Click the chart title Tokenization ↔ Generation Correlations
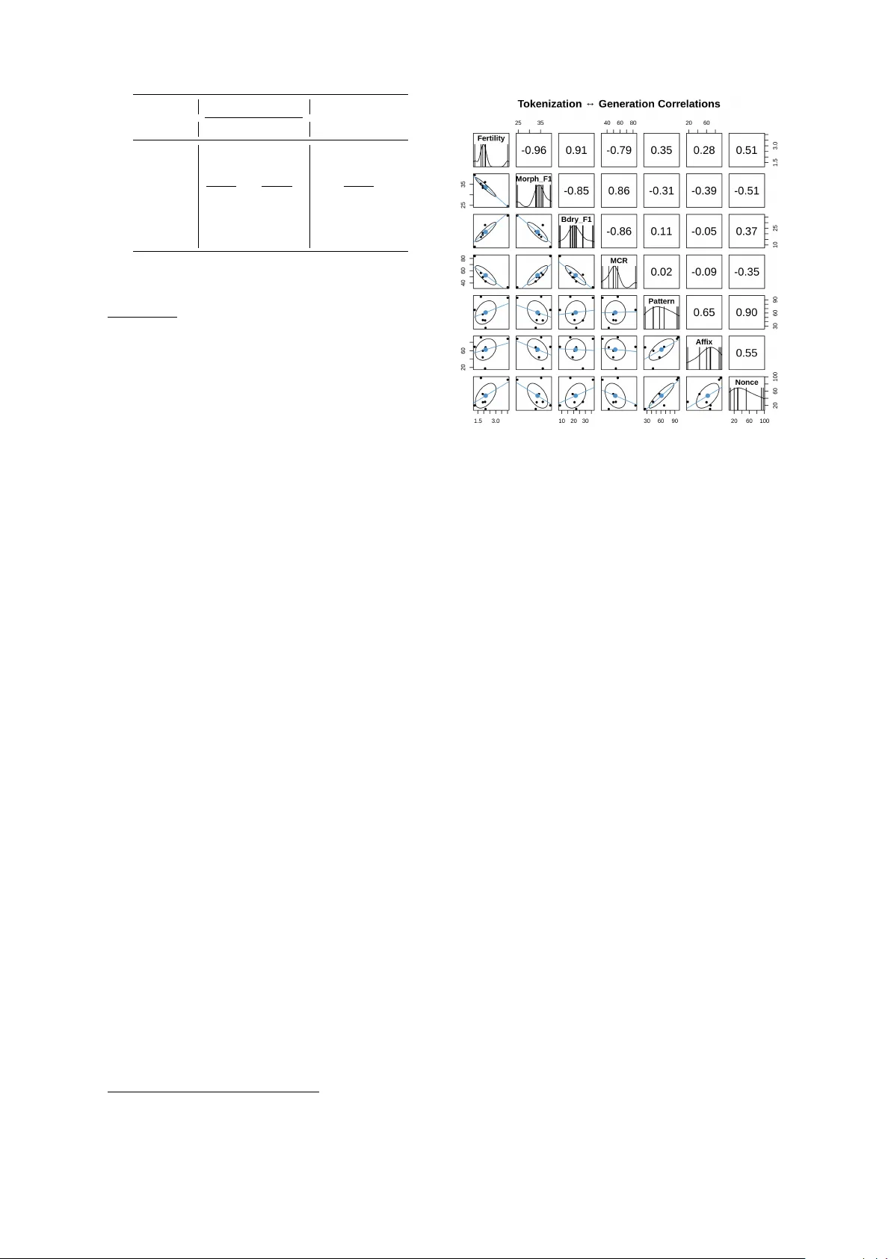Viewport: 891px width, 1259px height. coord(618,104)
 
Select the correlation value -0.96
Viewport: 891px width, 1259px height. coord(534,150)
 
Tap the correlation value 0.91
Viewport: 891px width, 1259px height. coord(576,150)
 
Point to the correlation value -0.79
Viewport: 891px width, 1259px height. coord(619,150)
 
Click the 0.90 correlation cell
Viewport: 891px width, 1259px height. coord(747,312)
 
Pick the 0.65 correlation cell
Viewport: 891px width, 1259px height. coord(704,312)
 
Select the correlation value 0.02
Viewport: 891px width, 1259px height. coord(661,272)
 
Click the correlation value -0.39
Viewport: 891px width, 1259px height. coord(704,191)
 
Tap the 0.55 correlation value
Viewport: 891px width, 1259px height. coord(747,353)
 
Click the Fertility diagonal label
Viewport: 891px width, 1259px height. coord(491,138)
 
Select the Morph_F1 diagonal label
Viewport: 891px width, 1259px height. coord(534,179)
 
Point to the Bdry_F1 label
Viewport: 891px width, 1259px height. coord(576,219)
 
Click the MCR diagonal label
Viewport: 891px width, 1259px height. coord(619,261)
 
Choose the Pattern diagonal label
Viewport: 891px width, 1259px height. coord(661,301)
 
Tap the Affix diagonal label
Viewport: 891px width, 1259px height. coord(704,341)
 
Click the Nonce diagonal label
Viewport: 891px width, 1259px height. coord(747,383)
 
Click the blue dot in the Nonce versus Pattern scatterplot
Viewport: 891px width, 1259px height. coord(662,396)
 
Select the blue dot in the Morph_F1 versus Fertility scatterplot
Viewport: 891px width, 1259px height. coord(484,187)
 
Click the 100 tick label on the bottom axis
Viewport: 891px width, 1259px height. coord(764,421)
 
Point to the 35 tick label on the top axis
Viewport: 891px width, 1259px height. coord(540,123)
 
